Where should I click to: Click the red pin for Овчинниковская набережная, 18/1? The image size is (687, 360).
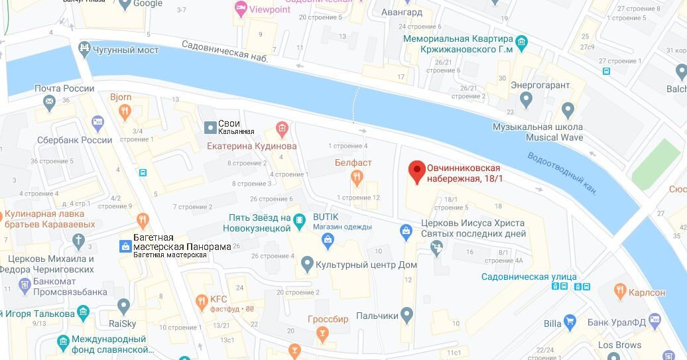coord(416,171)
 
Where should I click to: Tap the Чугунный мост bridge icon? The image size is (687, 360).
coord(84,48)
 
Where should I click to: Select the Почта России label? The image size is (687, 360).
coord(64,89)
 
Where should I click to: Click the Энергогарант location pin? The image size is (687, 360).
coord(527,100)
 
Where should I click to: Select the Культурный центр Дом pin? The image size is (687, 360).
coord(306,265)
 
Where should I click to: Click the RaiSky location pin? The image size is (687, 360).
coord(123,306)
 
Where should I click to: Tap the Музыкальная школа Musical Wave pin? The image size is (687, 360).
coord(568,109)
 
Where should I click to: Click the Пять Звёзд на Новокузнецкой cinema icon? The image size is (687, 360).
coord(300,219)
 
